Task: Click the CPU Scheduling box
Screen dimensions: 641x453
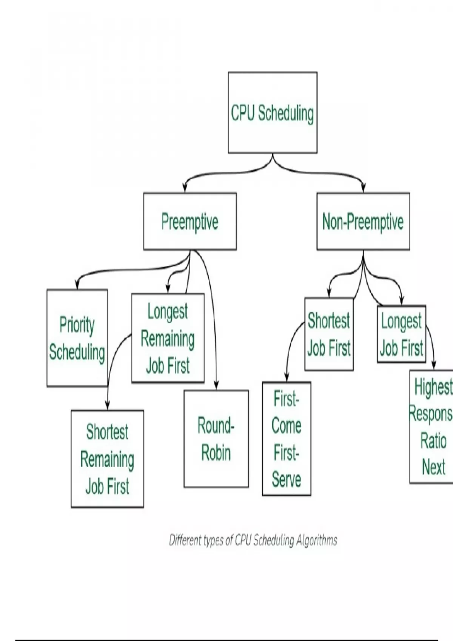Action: [x=273, y=113]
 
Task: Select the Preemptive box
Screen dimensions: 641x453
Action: [x=190, y=221]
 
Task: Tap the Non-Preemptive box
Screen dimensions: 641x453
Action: [x=363, y=221]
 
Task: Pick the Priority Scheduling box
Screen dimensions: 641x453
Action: [x=77, y=338]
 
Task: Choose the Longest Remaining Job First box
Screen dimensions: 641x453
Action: [x=168, y=338]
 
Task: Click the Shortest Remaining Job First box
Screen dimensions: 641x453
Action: [x=107, y=459]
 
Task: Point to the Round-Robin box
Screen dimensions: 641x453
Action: [x=216, y=439]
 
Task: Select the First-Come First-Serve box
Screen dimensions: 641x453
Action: [x=287, y=439]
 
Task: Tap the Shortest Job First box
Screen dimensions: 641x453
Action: [x=329, y=334]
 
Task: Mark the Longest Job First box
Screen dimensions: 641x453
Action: [x=401, y=334]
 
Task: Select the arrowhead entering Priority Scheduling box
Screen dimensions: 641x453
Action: [x=77, y=285]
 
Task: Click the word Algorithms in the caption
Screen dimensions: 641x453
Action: [x=316, y=541]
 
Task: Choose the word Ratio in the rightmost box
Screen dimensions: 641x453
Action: [x=433, y=441]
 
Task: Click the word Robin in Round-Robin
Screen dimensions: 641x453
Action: [x=216, y=452]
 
